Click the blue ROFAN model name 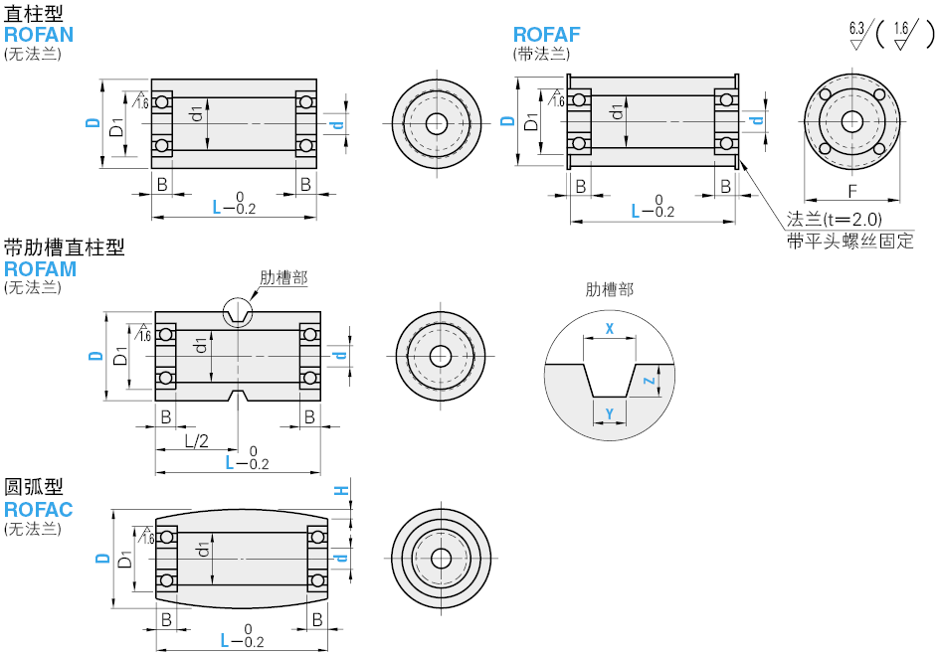coord(39,34)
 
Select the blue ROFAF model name coord(546,34)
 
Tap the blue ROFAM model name coord(41,268)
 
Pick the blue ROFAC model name coord(39,510)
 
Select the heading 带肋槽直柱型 coord(65,247)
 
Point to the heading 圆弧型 coord(34,488)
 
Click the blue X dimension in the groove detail coord(610,328)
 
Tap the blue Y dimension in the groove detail coord(609,411)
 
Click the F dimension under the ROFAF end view coord(852,190)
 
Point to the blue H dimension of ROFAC coord(340,490)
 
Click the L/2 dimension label coord(196,440)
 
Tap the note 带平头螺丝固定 coord(848,242)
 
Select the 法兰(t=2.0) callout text coord(834,220)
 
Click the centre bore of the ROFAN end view coord(436,123)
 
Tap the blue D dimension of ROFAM coord(95,355)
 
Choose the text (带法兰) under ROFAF coord(541,54)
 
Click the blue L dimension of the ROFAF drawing coord(639,210)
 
